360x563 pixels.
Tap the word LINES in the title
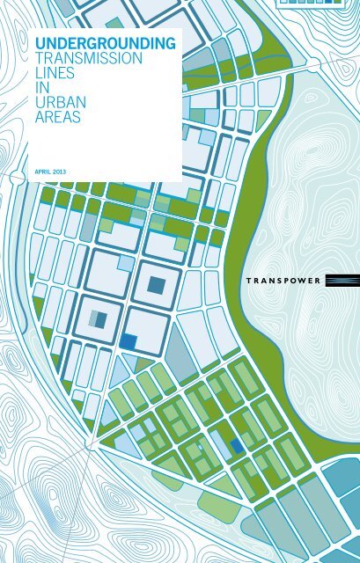pos(47,73)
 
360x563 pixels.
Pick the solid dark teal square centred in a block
pos(157,284)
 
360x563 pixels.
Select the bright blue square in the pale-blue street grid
pos(129,340)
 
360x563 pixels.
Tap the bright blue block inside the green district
pos(237,445)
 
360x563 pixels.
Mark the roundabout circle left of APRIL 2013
pos(11,177)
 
